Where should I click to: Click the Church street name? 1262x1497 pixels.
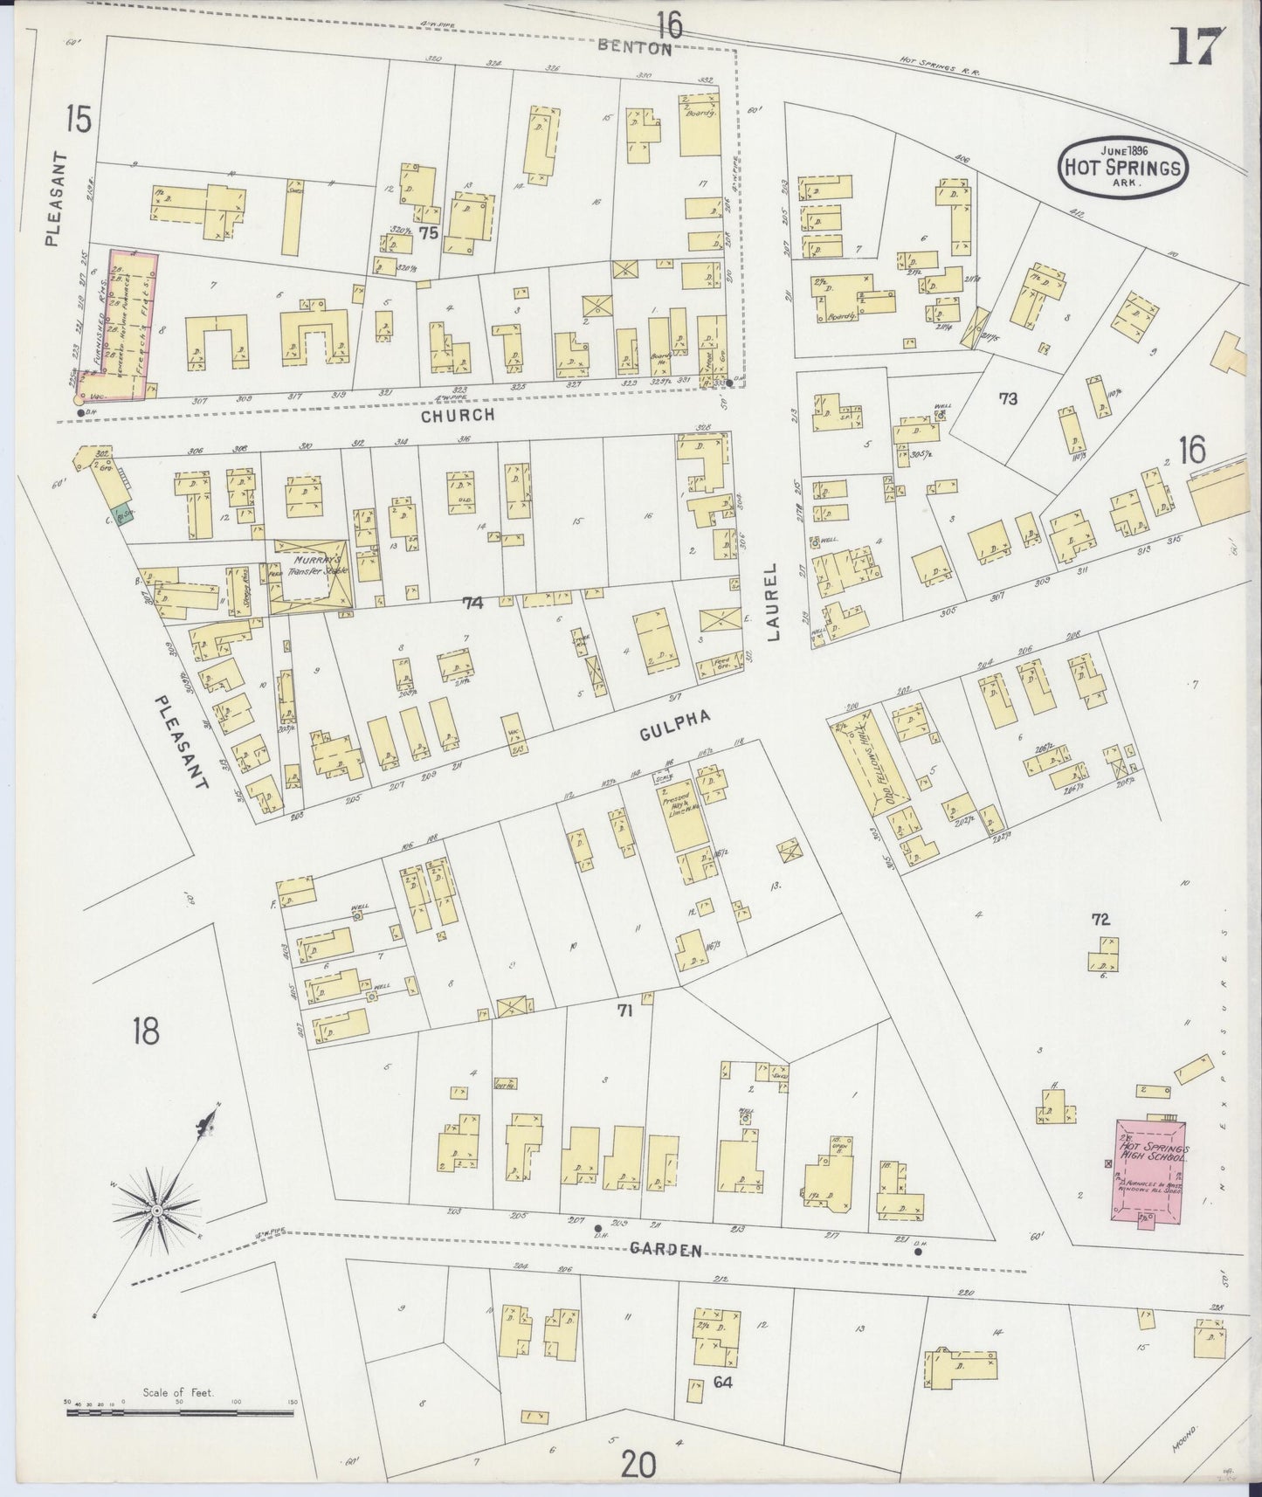pyautogui.click(x=458, y=416)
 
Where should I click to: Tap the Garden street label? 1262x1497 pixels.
pyautogui.click(x=666, y=1250)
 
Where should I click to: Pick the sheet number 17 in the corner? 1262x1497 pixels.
pyautogui.click(x=1197, y=45)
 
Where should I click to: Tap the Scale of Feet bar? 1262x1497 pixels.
pyautogui.click(x=179, y=1404)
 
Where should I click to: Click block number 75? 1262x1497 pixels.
pyautogui.click(x=427, y=232)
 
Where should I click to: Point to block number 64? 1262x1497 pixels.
pyautogui.click(x=721, y=1382)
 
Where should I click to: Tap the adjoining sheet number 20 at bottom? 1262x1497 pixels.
pyautogui.click(x=640, y=1463)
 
